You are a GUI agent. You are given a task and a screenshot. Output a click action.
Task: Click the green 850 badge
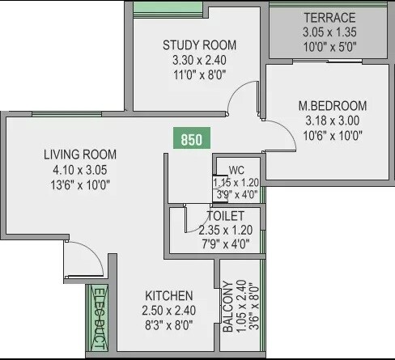tap(191, 139)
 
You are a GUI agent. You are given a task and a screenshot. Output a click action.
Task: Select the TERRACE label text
tap(329, 18)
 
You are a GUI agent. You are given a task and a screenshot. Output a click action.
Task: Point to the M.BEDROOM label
tap(332, 106)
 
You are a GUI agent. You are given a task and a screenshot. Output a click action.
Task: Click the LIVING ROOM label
tap(80, 155)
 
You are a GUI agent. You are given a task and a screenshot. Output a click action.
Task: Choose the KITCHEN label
tap(168, 295)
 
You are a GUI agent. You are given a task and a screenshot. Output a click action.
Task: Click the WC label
tap(236, 170)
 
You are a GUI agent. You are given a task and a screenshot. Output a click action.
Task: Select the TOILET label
tap(225, 216)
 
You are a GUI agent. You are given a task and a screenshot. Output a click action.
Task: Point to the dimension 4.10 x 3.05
tap(79, 169)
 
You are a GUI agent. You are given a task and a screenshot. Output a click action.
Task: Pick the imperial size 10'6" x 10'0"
tap(332, 135)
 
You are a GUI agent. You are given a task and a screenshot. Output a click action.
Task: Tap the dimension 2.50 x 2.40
tap(168, 311)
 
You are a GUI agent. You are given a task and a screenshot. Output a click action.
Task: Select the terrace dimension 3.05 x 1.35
tap(329, 32)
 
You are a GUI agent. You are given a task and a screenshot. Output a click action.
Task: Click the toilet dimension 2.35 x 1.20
tap(225, 230)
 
